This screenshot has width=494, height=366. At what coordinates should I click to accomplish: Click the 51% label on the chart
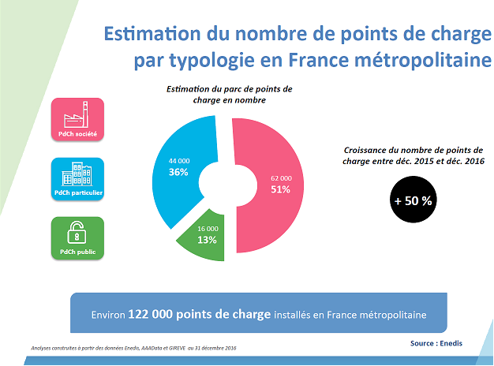(x=280, y=189)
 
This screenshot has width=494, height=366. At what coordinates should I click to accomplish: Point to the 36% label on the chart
(x=178, y=172)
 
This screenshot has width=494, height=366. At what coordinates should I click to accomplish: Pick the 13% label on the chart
(x=208, y=240)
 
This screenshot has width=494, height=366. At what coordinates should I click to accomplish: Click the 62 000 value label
(x=280, y=177)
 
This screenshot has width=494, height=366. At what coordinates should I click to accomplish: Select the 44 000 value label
(x=179, y=161)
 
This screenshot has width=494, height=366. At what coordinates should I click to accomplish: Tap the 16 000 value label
(x=208, y=229)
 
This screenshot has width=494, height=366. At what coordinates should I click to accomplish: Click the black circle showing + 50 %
(x=414, y=200)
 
